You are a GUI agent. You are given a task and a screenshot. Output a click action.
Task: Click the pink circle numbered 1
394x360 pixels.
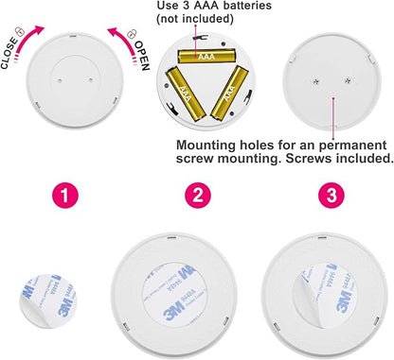[65, 196]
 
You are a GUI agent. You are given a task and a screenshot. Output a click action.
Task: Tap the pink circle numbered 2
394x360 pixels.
[198, 196]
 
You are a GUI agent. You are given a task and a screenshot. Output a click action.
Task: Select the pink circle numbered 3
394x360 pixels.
[331, 196]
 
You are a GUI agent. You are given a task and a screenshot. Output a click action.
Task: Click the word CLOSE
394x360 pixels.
[9, 53]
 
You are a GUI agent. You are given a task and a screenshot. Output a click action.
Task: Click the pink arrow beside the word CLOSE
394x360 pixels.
[27, 40]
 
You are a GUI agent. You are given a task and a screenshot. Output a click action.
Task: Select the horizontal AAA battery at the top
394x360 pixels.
[207, 56]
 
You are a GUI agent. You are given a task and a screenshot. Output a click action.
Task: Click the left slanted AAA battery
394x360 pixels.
[186, 94]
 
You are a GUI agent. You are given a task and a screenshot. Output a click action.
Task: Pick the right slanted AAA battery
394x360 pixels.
[229, 94]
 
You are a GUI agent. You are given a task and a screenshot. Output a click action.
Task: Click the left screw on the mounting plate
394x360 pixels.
[316, 81]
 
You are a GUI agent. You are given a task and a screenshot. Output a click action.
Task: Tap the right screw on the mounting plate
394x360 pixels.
[348, 81]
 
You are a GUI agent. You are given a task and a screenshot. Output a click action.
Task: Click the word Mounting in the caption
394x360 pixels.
[206, 146]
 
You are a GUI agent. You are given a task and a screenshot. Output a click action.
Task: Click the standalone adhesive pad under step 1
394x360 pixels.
[47, 300]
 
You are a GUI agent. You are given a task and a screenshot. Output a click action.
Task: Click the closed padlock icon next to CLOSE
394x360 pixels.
[20, 31]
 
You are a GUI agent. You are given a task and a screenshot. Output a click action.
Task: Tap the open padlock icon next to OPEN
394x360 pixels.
[132, 34]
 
